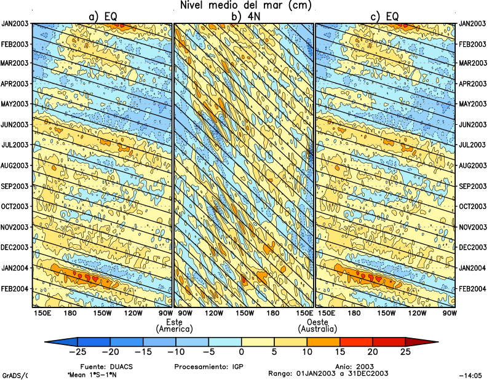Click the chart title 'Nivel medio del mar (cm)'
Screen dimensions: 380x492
pyautogui.click(x=246, y=6)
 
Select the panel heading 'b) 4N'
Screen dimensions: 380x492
pyautogui.click(x=245, y=17)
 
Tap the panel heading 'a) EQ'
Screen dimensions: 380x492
pyautogui.click(x=103, y=17)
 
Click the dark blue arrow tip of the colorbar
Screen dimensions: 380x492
pyautogui.click(x=52, y=341)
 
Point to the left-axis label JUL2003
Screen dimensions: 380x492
pyautogui.click(x=16, y=145)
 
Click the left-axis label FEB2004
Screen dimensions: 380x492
pyautogui.click(x=16, y=288)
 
